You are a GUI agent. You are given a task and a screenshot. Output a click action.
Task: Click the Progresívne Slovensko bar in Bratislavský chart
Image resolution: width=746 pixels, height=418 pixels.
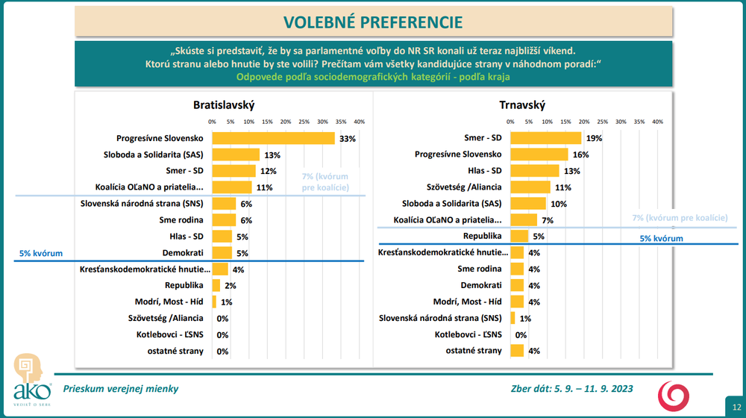point(273,138)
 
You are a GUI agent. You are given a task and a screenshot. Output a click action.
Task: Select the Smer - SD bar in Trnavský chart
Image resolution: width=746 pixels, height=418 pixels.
point(545,138)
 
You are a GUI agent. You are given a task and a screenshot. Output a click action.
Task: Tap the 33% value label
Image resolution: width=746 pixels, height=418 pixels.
point(347,139)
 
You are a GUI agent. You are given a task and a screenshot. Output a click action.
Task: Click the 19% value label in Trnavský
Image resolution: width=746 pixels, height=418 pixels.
point(595,139)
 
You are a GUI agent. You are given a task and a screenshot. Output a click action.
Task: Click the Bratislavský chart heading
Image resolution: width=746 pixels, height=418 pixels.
point(224,105)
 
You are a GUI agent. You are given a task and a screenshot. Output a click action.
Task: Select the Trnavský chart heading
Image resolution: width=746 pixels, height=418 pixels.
point(522,105)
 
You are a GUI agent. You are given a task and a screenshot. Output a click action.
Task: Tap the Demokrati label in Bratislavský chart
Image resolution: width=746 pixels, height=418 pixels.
point(184,253)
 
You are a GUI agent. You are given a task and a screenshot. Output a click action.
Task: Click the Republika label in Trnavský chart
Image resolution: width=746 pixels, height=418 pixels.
point(483,237)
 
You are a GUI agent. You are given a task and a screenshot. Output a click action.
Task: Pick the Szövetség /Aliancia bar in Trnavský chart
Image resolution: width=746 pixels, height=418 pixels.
point(530,187)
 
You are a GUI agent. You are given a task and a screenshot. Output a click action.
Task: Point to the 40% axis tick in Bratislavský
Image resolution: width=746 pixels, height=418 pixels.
point(359,122)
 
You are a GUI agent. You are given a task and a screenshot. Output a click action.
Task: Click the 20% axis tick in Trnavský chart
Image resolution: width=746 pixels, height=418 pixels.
point(584,122)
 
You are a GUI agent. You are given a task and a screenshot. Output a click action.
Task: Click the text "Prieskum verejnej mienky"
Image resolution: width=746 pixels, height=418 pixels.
point(121,389)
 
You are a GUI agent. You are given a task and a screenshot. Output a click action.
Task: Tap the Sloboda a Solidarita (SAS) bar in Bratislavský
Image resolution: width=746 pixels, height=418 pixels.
point(236,155)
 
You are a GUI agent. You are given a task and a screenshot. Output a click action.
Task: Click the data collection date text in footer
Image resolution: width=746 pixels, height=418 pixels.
point(572,389)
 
